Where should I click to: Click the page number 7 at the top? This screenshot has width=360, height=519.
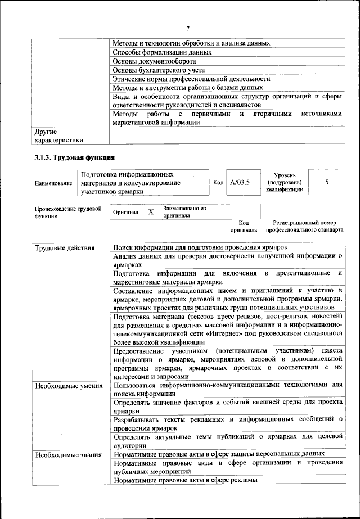click(188, 29)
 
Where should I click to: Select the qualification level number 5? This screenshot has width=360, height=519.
click(327, 182)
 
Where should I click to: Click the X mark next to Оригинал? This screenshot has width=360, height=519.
click(151, 212)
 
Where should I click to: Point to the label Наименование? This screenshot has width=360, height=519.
click(53, 183)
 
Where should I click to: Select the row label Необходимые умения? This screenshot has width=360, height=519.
click(68, 386)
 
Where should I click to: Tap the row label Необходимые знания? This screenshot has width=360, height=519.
click(67, 454)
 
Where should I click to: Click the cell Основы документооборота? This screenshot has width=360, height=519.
click(154, 61)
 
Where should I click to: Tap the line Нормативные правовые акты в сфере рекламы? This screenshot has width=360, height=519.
click(185, 480)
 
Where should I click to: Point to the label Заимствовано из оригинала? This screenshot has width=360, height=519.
click(184, 212)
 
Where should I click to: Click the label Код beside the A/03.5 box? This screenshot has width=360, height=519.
click(218, 183)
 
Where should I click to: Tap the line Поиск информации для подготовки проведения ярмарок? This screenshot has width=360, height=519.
click(200, 248)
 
